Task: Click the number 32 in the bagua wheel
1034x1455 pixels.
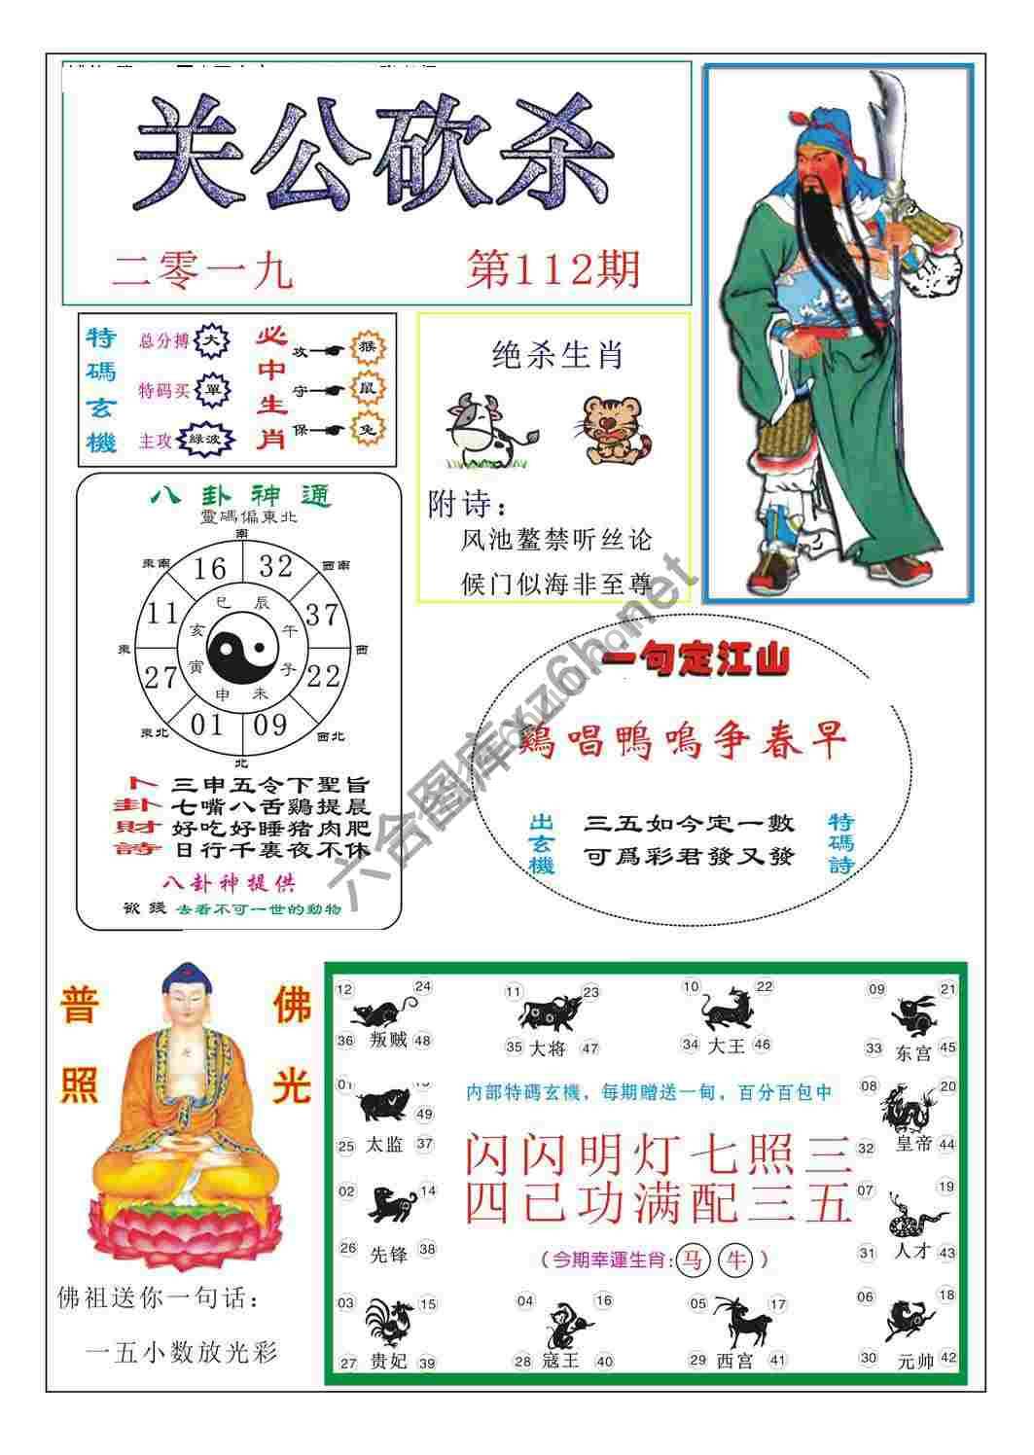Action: pos(275,565)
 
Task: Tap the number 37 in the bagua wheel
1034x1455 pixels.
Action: pos(320,614)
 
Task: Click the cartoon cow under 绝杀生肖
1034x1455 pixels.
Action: pos(483,429)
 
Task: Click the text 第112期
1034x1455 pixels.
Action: pos(553,268)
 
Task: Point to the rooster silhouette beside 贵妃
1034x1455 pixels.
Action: pos(388,1322)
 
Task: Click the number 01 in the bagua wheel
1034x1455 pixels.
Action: pos(206,725)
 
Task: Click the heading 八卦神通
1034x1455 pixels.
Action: pos(239,497)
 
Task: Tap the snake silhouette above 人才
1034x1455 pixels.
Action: pos(914,1216)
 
